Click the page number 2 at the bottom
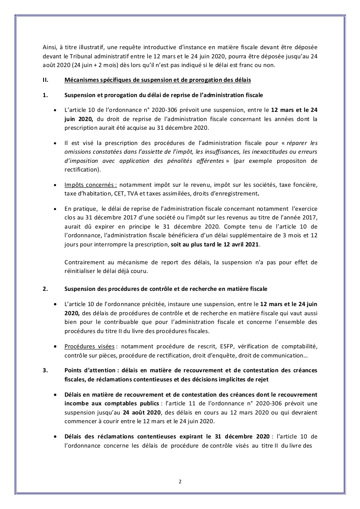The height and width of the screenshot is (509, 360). point(180,481)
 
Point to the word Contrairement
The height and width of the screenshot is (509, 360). point(86,262)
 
